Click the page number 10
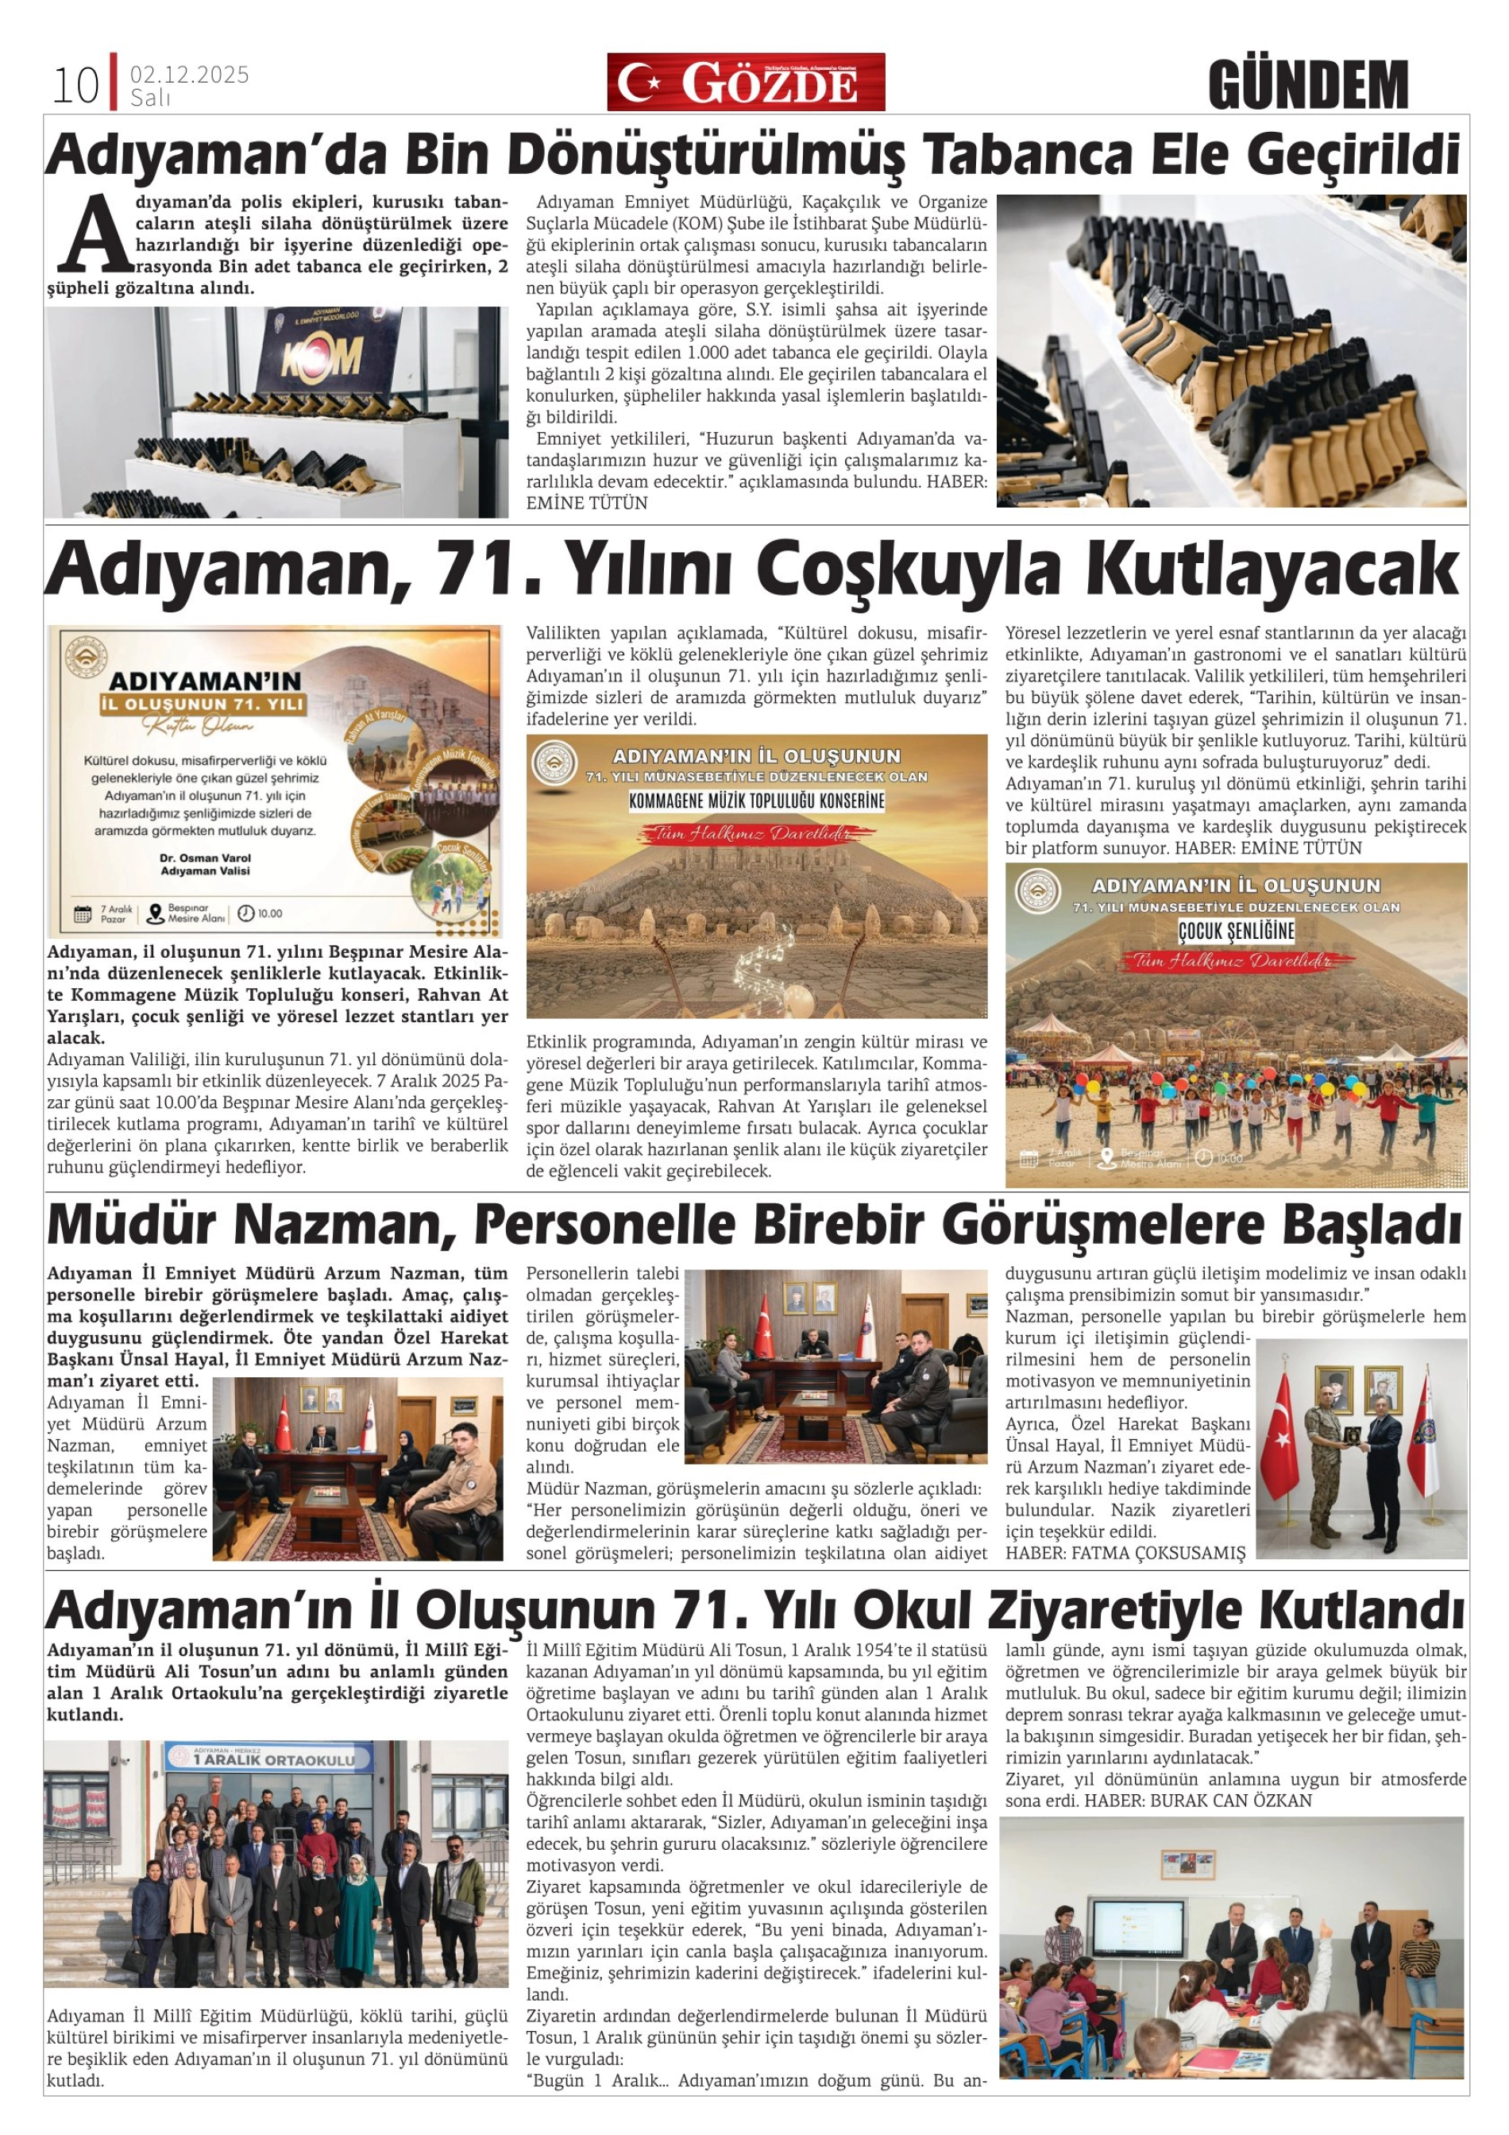pyautogui.click(x=75, y=87)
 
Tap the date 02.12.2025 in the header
pyautogui.click(x=190, y=75)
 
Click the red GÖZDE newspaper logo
pyautogui.click(x=746, y=83)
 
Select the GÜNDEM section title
pyautogui.click(x=1307, y=86)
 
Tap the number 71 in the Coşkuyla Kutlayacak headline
pyautogui.click(x=474, y=567)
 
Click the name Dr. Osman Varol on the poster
pyautogui.click(x=206, y=857)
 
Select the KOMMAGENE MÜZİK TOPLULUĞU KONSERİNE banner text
pyautogui.click(x=757, y=801)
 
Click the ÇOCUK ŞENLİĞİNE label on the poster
pyautogui.click(x=1237, y=930)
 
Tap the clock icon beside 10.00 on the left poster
pyautogui.click(x=245, y=913)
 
